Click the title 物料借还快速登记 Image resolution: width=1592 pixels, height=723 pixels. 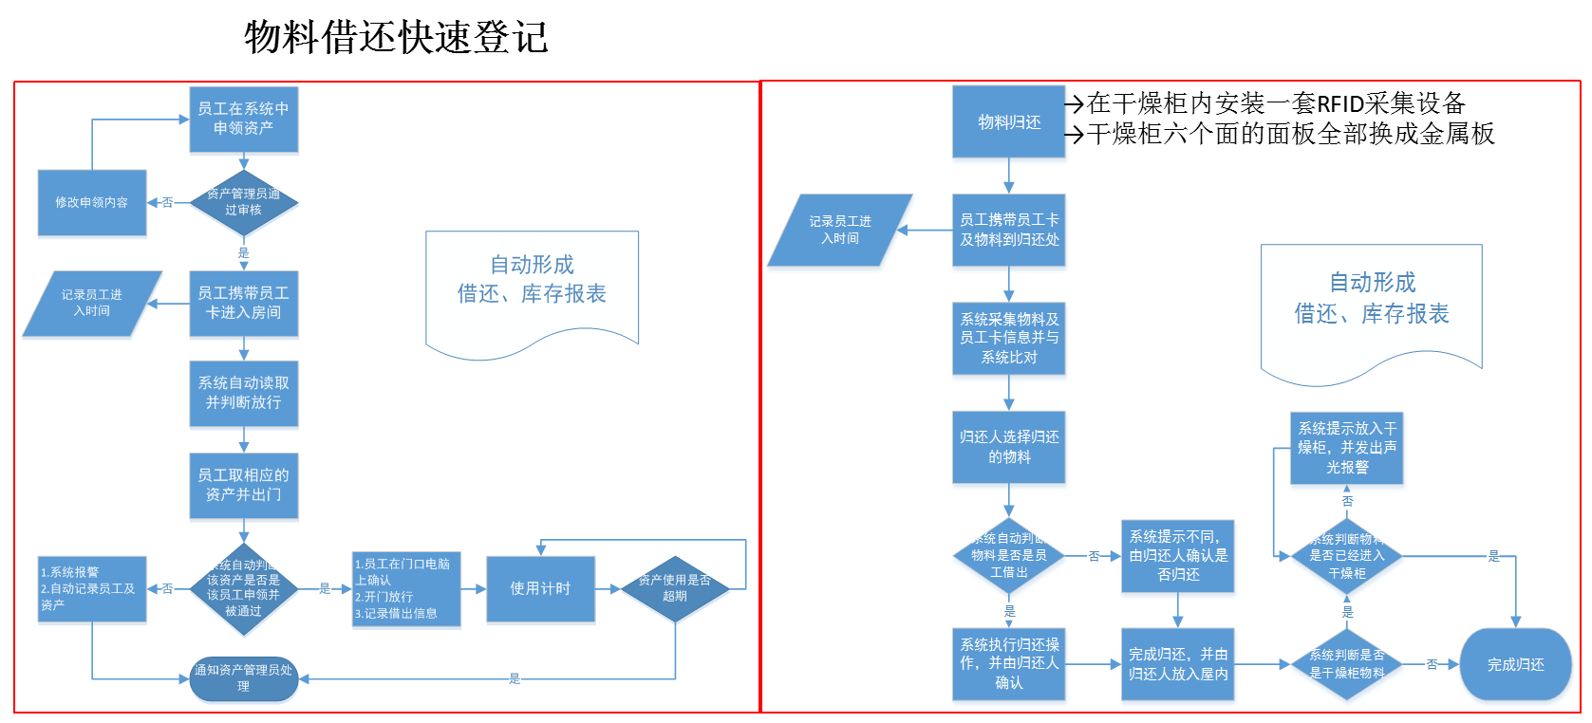[x=396, y=38]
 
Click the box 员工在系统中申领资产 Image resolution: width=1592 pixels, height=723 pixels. [x=243, y=119]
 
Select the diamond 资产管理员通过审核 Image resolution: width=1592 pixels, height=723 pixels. [x=243, y=202]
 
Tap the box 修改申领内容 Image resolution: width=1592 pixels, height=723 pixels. [x=91, y=202]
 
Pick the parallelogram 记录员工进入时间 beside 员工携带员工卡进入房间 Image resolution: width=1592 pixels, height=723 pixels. [x=92, y=303]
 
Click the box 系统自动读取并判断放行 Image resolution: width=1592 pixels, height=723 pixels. [x=243, y=393]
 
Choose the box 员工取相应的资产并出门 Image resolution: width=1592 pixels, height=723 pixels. [x=243, y=485]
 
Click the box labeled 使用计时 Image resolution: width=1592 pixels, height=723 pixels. [x=540, y=588]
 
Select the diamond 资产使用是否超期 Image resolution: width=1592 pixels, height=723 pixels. [x=674, y=588]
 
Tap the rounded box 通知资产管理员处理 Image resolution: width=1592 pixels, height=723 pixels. [x=243, y=677]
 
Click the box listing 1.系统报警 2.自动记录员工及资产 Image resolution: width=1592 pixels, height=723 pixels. [x=91, y=588]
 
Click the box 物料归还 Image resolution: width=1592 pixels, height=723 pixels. [x=1008, y=121]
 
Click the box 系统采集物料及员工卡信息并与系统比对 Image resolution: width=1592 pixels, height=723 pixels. [x=1008, y=338]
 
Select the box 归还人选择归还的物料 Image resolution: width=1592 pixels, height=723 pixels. [x=1008, y=447]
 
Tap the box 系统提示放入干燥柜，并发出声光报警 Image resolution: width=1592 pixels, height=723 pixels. [x=1346, y=448]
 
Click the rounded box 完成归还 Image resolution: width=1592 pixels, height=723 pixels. [x=1515, y=664]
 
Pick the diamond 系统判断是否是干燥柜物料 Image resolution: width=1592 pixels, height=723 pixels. [x=1346, y=664]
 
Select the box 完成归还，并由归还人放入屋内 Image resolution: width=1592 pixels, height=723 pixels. [x=1177, y=664]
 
